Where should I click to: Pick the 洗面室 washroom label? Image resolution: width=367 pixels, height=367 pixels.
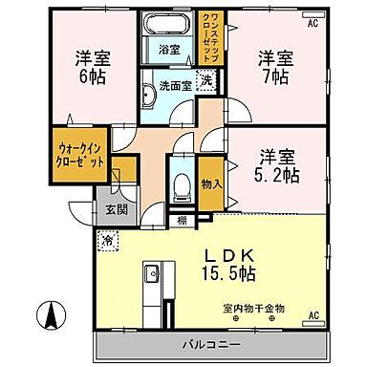point(170,84)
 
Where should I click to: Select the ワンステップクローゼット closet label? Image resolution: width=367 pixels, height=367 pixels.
point(215,38)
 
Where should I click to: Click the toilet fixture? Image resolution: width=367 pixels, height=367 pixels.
point(182,183)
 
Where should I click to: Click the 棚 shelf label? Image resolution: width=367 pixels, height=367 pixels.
point(182,221)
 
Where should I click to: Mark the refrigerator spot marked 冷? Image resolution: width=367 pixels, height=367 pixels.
point(108,238)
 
